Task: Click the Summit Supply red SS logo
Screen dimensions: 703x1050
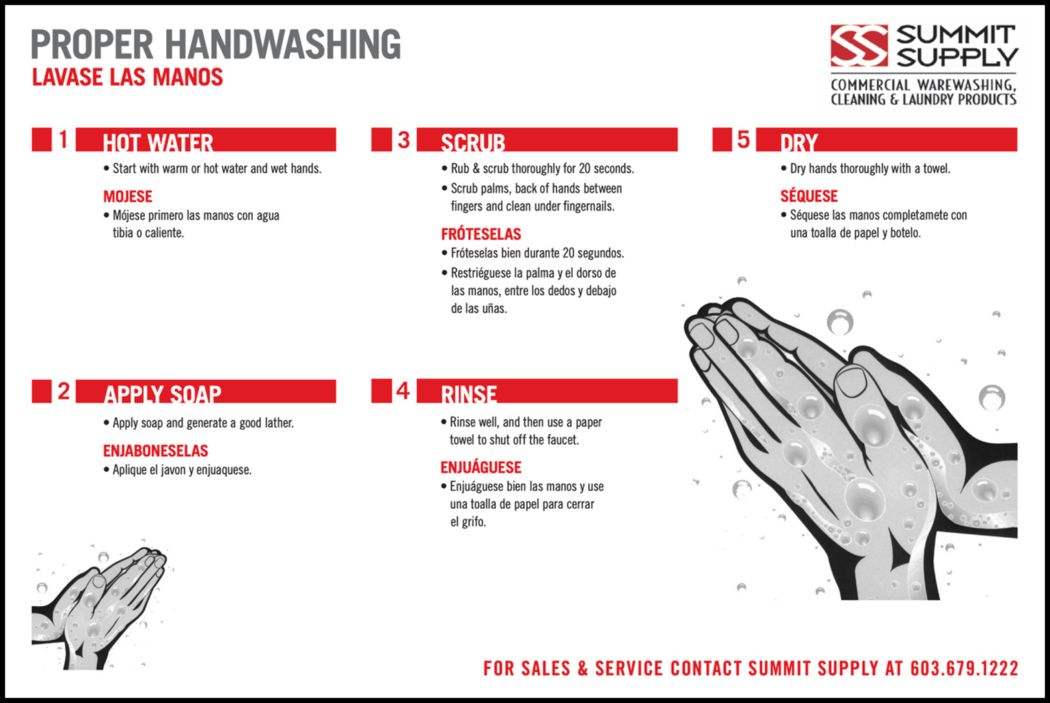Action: coord(859,46)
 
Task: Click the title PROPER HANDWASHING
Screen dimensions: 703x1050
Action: coord(216,44)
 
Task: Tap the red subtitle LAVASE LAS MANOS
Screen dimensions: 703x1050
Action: coord(128,77)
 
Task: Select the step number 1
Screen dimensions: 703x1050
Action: coord(64,139)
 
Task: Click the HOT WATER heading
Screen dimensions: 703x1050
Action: coord(158,141)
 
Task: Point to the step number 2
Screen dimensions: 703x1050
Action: coord(64,391)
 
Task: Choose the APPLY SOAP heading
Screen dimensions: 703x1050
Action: coord(163,393)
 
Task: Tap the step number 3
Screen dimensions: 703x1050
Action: coord(403,139)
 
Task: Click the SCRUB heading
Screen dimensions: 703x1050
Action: coord(472,141)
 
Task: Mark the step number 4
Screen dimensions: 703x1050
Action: coord(403,391)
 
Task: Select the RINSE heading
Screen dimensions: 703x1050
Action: coord(468,393)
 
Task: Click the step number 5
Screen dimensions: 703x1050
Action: coord(743,139)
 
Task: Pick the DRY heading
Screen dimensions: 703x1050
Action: coord(799,141)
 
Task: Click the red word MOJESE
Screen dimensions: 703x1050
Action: coord(128,197)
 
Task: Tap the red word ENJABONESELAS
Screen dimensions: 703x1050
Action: coord(156,451)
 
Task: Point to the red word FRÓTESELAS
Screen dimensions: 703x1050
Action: coord(481,234)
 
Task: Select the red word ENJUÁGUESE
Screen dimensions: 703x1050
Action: coord(481,467)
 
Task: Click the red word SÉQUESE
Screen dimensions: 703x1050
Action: coord(809,197)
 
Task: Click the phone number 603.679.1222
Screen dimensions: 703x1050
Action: coord(964,668)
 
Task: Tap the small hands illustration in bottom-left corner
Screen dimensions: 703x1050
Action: coord(99,608)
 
